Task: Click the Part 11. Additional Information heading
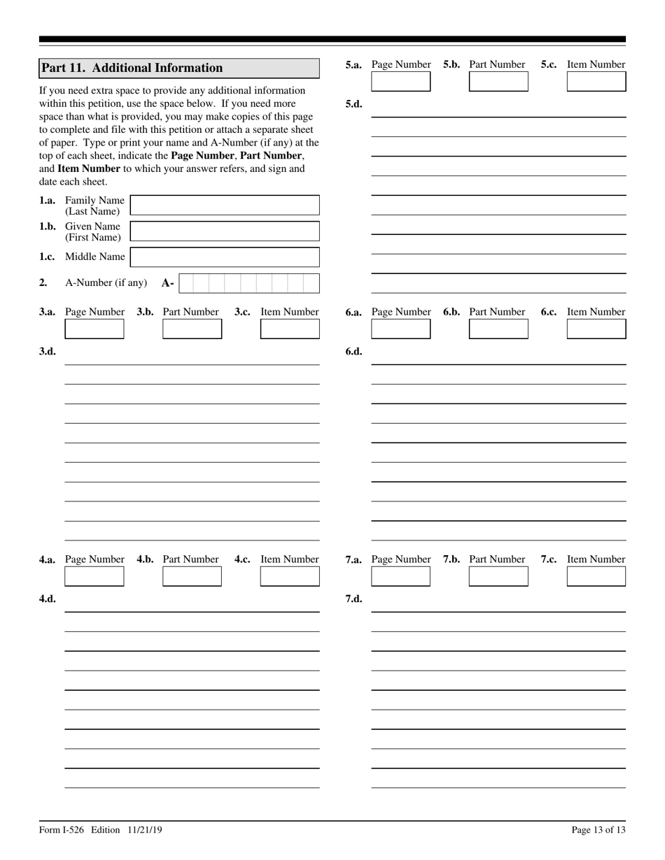point(132,68)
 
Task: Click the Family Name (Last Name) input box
point(225,205)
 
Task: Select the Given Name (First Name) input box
point(225,231)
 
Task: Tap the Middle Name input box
point(225,257)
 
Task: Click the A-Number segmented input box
point(249,283)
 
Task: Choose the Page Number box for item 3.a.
point(94,329)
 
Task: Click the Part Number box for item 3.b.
point(192,329)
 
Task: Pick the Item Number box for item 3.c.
point(290,329)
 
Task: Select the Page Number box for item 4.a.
point(94,576)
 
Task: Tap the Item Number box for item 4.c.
point(290,576)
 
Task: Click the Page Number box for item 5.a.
point(401,81)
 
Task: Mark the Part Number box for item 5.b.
point(498,81)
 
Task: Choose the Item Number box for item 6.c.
point(596,329)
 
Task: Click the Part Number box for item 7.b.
point(498,576)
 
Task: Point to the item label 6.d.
point(354,352)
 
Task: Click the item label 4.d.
point(48,599)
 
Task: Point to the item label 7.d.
point(354,599)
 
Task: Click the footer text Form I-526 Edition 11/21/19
point(101,830)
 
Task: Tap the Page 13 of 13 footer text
point(598,830)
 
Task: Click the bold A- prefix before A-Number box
point(168,283)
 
